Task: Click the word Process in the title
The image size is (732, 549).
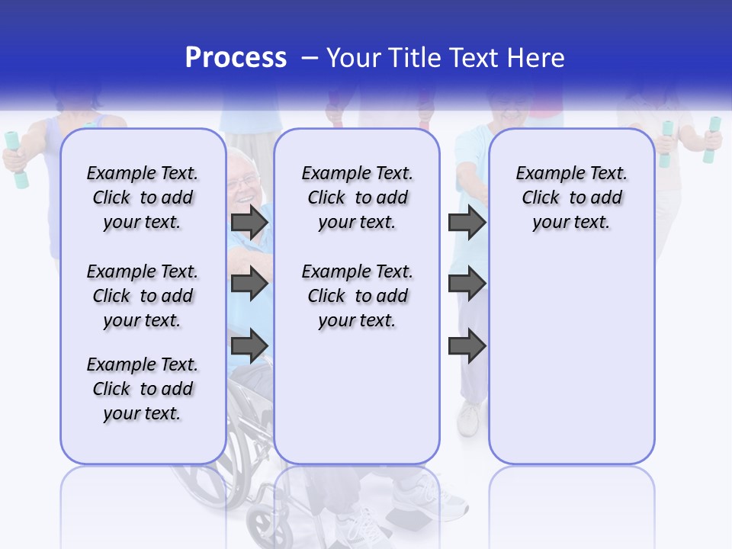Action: coord(236,57)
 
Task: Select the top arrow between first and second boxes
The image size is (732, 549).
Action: coord(249,222)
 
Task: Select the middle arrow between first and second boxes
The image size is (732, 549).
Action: coord(249,284)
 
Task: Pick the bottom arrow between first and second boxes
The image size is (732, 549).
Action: coord(249,345)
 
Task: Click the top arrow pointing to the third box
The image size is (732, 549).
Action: coord(467,222)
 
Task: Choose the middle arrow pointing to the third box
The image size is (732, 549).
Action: coord(467,284)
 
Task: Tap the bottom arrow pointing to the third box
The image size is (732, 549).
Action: coord(467,345)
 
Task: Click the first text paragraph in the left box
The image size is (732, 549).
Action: coord(143,197)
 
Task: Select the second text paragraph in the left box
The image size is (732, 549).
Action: coord(143,296)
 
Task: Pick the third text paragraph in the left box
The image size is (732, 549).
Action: coord(143,389)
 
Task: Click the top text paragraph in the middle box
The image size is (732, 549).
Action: coord(357,197)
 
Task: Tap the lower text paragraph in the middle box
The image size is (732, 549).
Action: coord(357,296)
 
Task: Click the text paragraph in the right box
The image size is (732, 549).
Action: coord(571,197)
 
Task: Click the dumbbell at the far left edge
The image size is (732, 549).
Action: coord(15,159)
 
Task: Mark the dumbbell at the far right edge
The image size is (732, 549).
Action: coord(711,140)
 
